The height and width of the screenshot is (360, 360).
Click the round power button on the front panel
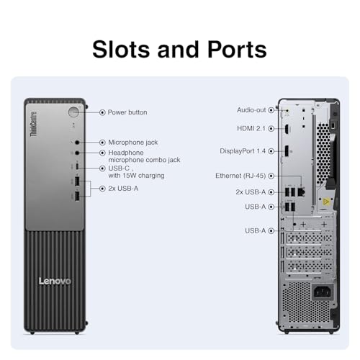tap(73, 112)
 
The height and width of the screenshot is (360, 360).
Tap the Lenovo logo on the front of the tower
tap(55, 281)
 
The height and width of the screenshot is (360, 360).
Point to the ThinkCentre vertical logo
tap(34, 124)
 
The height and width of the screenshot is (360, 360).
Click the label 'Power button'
tap(127, 112)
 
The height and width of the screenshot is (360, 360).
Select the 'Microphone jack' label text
tap(133, 143)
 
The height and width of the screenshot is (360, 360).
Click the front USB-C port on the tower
tap(77, 166)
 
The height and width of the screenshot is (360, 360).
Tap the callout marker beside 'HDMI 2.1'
tap(271, 129)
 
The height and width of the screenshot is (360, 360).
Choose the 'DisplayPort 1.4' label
tap(243, 151)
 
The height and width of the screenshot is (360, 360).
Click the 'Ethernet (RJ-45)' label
tap(240, 176)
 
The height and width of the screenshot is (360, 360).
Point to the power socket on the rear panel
tap(323, 292)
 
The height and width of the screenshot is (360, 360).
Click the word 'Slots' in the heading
tap(121, 50)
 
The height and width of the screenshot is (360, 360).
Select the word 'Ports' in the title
tap(237, 50)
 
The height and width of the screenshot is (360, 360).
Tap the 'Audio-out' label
tap(251, 110)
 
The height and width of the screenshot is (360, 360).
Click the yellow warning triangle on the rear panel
tap(325, 202)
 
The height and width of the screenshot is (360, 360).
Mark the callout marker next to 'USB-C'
tap(102, 168)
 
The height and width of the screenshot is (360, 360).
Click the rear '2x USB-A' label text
tap(251, 192)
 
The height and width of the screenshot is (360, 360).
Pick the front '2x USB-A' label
tap(123, 189)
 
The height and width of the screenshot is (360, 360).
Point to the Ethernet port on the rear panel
tap(302, 192)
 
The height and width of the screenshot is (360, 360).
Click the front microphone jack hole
tap(77, 143)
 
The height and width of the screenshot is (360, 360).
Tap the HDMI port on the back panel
tap(287, 129)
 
